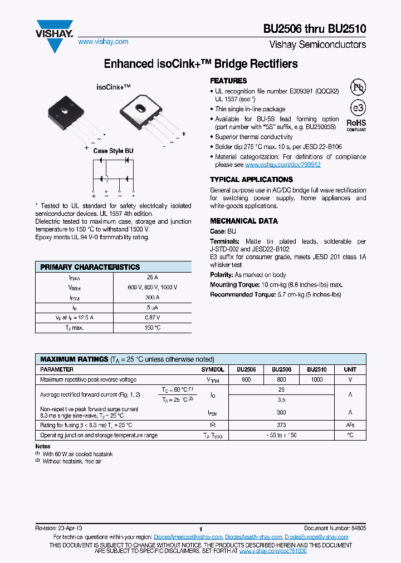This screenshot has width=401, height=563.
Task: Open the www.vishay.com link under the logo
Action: coord(103,42)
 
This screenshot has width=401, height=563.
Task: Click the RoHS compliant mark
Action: coord(356,124)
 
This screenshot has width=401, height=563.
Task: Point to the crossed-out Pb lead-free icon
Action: coord(358,87)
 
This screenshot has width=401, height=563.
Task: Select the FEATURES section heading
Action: coord(228,81)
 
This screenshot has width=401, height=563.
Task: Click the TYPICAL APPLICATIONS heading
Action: coord(251,180)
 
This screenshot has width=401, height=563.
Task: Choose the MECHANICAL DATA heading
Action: coord(243,221)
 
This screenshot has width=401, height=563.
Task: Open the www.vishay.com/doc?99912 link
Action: coord(283,165)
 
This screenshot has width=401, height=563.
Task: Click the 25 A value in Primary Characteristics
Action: coord(152,277)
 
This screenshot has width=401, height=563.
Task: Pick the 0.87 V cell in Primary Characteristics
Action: coord(152,317)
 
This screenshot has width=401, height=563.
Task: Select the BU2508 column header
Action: coord(282,369)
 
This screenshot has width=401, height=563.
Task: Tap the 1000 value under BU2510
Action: coord(316,379)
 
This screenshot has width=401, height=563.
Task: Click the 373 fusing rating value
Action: coord(282,425)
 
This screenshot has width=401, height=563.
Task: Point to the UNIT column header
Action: coord(350,369)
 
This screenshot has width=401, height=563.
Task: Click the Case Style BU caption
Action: coord(113,151)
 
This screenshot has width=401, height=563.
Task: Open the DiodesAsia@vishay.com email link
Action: coord(253,537)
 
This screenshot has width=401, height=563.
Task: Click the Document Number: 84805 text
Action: coord(335,527)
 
